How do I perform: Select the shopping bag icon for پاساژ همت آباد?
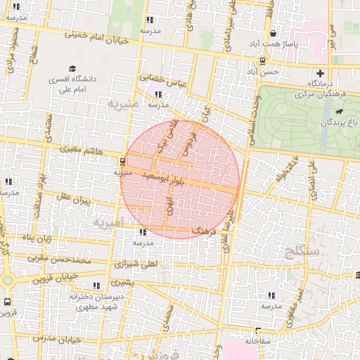pos(272,33)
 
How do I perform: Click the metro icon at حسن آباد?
pos(262,60)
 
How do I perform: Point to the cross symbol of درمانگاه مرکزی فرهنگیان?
pos(321,74)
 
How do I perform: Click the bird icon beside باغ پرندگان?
pos(340,112)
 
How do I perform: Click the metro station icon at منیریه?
pos(123,160)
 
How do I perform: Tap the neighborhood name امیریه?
pos(108,222)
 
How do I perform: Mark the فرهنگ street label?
pos(205,230)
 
